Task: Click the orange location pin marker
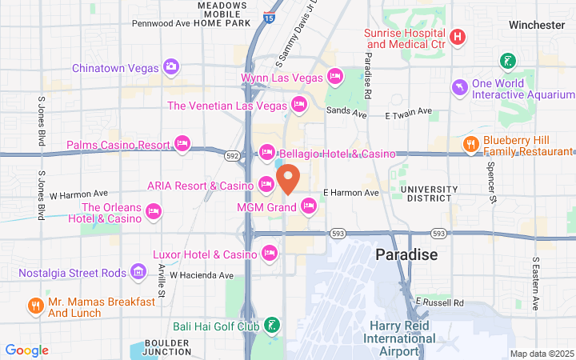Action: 288,178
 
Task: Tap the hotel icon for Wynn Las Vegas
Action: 336,78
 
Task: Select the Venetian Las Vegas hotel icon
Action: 299,105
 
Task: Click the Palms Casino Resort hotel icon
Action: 182,145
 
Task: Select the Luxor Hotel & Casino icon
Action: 270,254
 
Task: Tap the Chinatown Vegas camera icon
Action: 170,67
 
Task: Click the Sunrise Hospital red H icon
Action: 457,37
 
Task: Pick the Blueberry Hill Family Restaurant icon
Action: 470,145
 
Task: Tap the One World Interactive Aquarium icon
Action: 459,87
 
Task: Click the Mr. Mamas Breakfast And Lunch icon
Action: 35,306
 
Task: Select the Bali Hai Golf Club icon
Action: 273,326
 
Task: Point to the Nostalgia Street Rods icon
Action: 139,273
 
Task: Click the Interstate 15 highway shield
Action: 269,14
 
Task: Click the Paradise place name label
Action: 407,255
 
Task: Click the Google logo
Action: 26,350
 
